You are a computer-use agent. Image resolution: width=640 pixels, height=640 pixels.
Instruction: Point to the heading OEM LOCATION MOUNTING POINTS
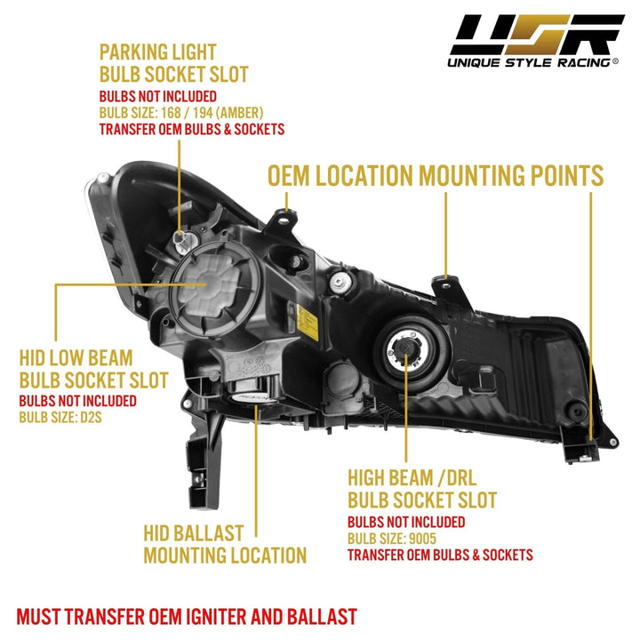tap(436, 175)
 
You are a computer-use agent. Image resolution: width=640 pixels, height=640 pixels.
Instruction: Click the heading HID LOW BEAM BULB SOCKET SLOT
tap(93, 370)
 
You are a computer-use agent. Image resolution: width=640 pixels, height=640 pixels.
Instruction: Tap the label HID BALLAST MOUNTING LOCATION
tap(224, 544)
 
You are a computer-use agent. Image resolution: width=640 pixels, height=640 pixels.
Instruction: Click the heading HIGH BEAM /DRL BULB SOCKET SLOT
tap(421, 488)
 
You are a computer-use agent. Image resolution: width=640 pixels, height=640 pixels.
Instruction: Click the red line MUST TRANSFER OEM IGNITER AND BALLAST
tap(187, 615)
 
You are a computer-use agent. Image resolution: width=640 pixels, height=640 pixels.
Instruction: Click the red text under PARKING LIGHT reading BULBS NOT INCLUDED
tap(157, 96)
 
